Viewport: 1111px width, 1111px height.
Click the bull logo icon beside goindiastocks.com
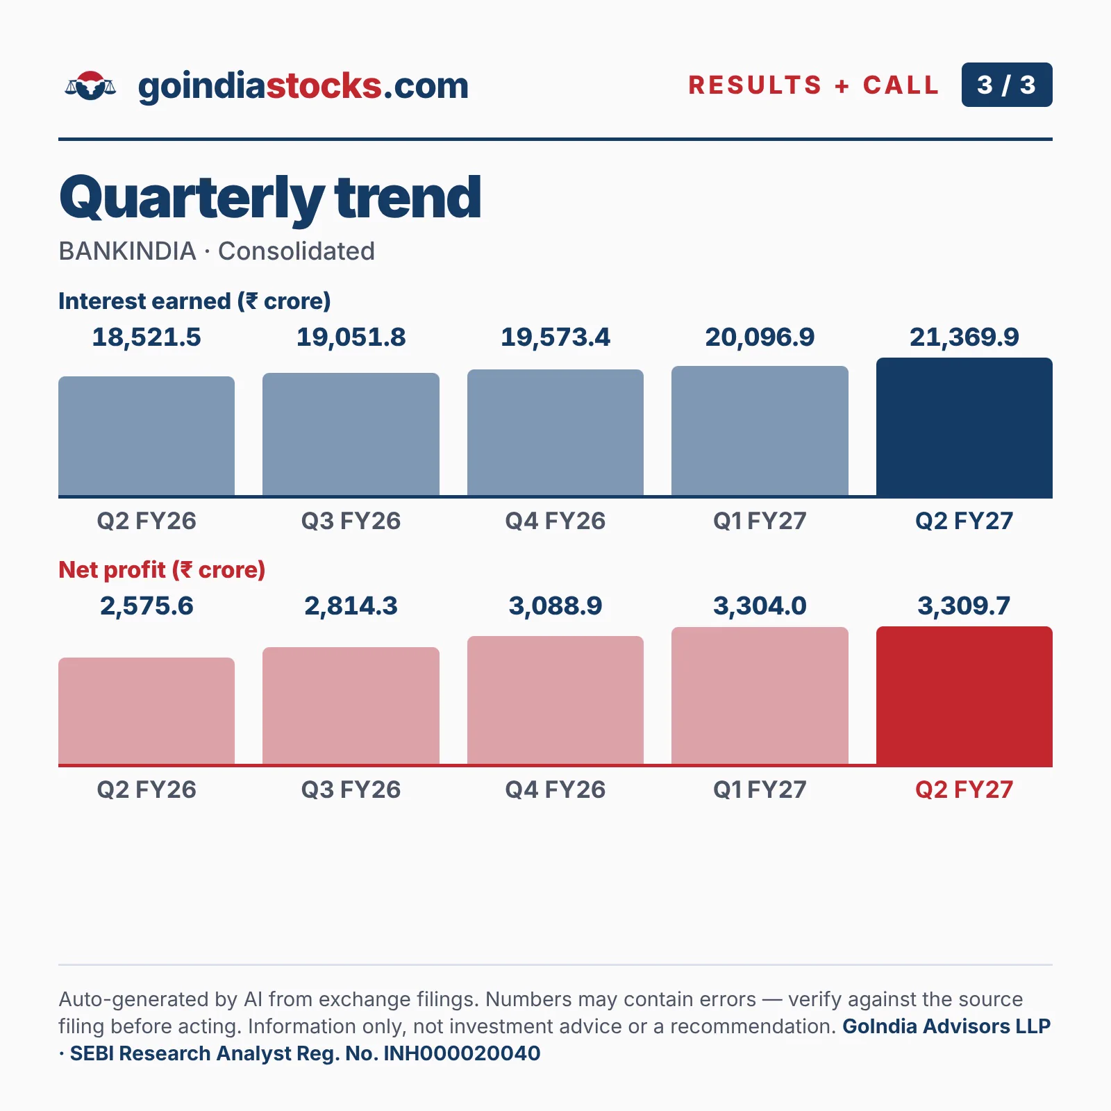pos(90,85)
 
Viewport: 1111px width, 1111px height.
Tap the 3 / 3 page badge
pos(1007,85)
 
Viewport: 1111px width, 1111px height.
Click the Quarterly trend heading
pos(270,198)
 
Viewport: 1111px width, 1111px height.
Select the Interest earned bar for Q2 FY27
pos(964,427)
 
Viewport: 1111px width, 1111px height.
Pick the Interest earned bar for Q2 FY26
pos(147,436)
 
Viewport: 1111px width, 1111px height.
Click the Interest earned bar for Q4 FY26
pos(555,433)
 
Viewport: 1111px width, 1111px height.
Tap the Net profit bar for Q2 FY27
pos(964,696)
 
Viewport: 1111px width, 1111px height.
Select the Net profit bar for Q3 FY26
pos(351,706)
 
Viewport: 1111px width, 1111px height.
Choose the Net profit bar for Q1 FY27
pos(760,696)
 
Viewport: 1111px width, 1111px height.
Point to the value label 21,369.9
pos(964,337)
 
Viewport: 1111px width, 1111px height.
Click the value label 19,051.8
pos(351,337)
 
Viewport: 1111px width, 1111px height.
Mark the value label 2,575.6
pos(147,606)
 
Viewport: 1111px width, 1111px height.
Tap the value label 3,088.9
pos(555,606)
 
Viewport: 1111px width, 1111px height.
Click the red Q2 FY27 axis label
pos(964,790)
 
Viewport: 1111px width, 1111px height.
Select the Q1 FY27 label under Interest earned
pos(760,521)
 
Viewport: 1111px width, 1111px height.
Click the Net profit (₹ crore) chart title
pos(162,570)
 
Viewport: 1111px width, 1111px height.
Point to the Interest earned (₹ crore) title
pos(194,301)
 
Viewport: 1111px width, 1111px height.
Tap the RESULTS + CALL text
pos(814,85)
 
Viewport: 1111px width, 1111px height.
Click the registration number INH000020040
pos(462,1053)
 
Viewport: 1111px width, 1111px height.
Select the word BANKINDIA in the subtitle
pos(127,251)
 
